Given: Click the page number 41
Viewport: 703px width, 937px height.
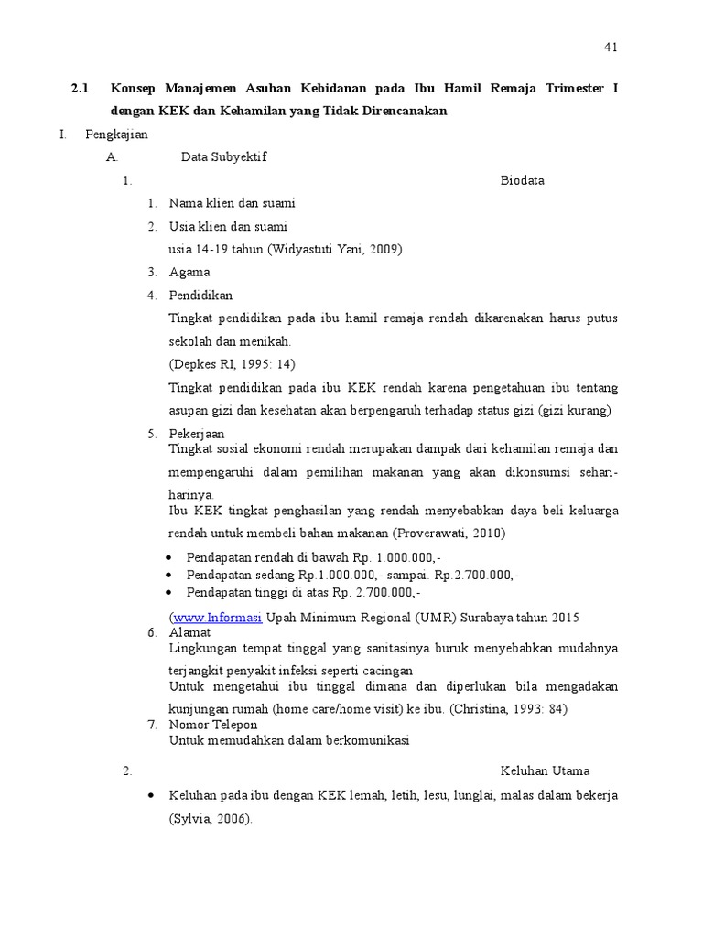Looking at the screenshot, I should pos(611,48).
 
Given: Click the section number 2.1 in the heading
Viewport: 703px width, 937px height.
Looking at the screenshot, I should pos(80,89).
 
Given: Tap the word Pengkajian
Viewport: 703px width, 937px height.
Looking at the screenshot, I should pos(116,134).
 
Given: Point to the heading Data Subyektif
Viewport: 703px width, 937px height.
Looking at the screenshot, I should pos(223,156).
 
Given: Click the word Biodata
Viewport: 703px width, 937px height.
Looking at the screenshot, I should pos(522,180).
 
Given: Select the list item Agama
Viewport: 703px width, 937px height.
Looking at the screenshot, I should pos(189,272).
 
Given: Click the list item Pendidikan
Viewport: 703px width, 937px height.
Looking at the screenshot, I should pos(200,295).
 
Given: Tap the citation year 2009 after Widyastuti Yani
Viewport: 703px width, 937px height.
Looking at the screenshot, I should pos(384,249).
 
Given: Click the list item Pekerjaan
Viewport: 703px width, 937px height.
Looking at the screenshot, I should pos(197,433).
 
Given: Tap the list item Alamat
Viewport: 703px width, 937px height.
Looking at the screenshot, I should pos(189,632).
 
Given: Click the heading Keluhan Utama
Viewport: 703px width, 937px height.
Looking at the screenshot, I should pos(545,770).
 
